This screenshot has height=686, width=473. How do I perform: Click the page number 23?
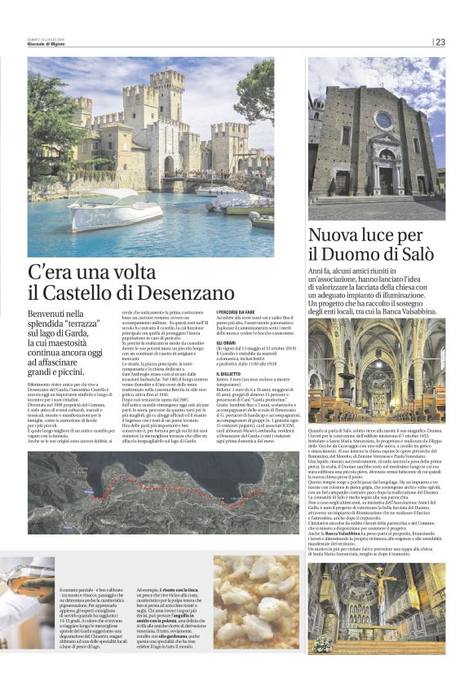[x=440, y=42]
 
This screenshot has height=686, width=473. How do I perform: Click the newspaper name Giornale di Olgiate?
[x=49, y=44]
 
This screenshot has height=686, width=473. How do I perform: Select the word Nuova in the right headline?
[x=332, y=235]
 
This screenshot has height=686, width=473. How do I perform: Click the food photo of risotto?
[x=255, y=601]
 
